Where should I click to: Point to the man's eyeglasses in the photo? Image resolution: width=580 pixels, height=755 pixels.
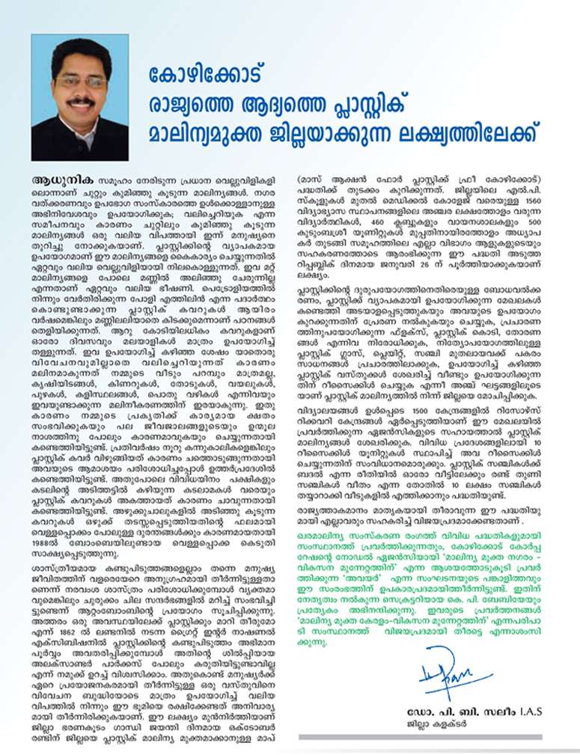[80, 80]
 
